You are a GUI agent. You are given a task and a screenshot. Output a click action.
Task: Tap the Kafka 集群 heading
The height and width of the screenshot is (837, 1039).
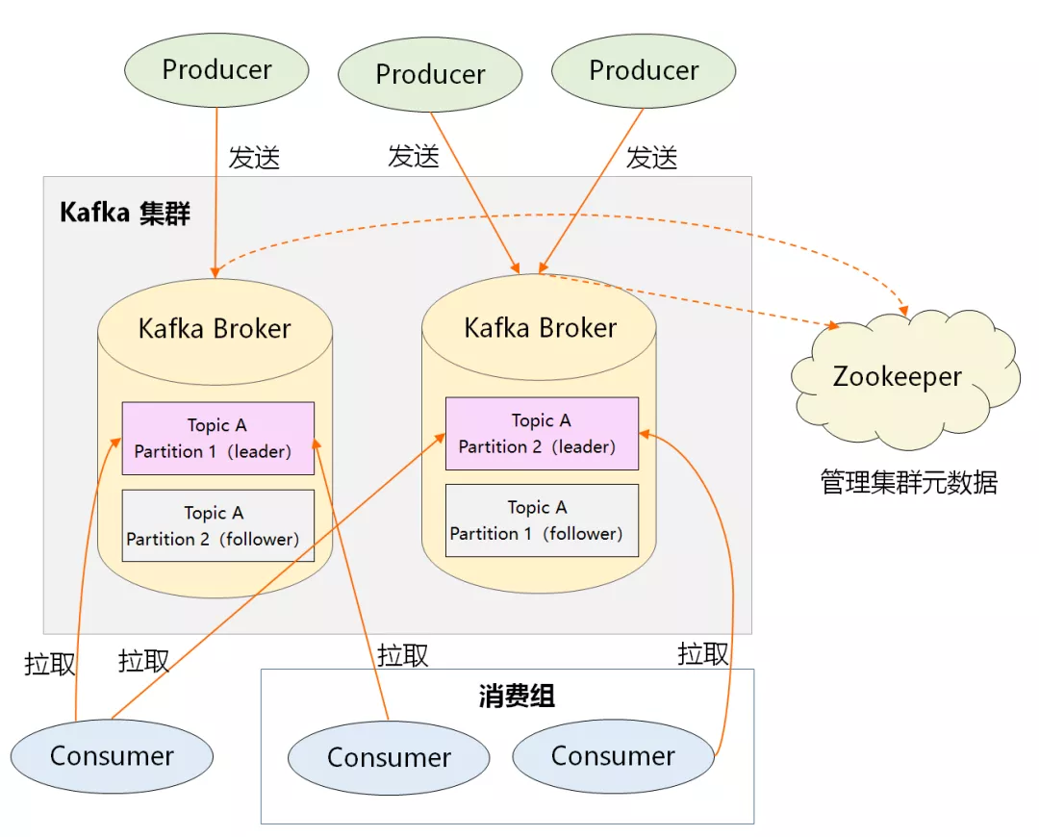(x=125, y=213)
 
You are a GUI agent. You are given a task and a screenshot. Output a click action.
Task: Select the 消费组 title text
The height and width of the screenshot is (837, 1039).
(x=517, y=696)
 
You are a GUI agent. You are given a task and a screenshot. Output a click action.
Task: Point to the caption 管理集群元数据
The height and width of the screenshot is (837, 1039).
(x=908, y=481)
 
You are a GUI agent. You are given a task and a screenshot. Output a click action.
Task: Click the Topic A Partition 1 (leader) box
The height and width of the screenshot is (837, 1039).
(x=217, y=438)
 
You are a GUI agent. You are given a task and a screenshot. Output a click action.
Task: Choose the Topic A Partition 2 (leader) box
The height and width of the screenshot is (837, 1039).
(x=542, y=434)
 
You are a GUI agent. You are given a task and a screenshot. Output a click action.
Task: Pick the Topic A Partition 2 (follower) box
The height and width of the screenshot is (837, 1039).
(x=217, y=525)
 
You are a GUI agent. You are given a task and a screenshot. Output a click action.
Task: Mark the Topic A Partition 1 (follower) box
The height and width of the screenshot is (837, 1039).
(x=542, y=520)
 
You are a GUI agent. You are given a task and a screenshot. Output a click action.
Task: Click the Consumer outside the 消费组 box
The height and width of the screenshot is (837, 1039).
(x=112, y=755)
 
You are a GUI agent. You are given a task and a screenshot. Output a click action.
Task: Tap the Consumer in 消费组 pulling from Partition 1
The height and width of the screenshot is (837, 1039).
(x=389, y=757)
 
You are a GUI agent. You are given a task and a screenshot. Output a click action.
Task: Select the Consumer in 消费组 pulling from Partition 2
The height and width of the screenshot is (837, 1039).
(x=613, y=755)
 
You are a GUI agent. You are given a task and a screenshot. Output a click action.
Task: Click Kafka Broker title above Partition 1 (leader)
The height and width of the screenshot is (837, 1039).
(x=215, y=329)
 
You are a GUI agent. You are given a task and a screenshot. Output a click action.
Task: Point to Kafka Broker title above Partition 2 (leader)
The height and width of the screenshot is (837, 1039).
(x=540, y=328)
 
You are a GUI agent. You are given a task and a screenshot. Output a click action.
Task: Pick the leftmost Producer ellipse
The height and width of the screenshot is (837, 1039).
(x=216, y=69)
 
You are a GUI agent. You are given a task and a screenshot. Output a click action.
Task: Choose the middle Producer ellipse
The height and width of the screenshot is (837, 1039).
(x=430, y=74)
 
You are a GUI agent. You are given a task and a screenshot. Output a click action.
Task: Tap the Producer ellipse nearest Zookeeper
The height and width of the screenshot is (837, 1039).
(x=644, y=70)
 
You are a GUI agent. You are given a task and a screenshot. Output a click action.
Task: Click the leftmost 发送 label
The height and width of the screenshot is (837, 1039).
(x=254, y=158)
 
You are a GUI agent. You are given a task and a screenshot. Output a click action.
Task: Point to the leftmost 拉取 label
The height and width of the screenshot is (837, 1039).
(x=50, y=664)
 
